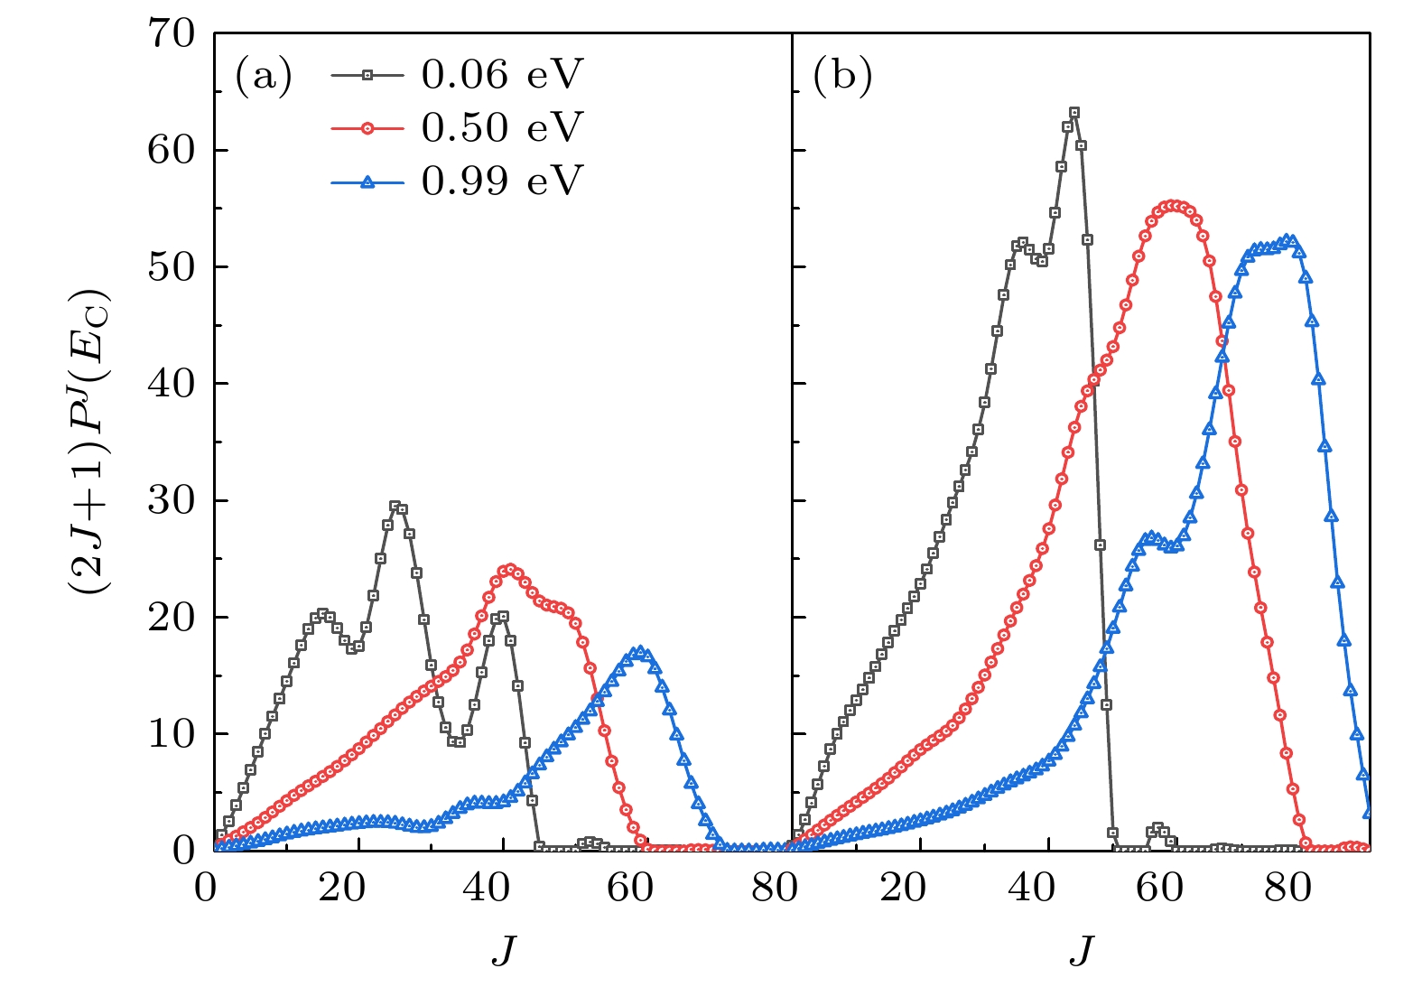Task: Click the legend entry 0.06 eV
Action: (x=501, y=75)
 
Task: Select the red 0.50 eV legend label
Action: (x=501, y=128)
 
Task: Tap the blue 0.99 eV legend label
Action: (x=501, y=182)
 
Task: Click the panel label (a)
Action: (x=264, y=76)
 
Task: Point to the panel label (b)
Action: (x=842, y=76)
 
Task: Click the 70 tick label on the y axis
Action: (x=172, y=34)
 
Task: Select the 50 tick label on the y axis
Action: (x=172, y=267)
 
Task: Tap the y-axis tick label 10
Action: (x=172, y=734)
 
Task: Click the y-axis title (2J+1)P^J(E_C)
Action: (x=88, y=442)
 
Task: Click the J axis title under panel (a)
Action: (x=504, y=951)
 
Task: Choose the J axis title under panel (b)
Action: (x=1082, y=951)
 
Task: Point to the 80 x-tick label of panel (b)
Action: (x=1287, y=889)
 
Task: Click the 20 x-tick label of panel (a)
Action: (x=341, y=889)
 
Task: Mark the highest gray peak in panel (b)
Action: (x=1073, y=113)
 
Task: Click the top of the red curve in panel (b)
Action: (x=1172, y=206)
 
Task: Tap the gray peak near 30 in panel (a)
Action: (x=395, y=507)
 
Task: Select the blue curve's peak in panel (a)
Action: (x=640, y=651)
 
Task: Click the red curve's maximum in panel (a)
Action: (x=510, y=570)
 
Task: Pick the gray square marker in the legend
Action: (x=367, y=75)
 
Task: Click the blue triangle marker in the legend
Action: (x=367, y=182)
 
